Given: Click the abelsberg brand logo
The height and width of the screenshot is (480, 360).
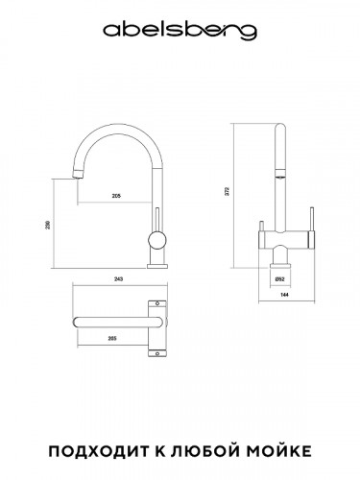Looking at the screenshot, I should pyautogui.click(x=180, y=32).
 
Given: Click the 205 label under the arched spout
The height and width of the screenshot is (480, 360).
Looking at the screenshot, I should pyautogui.click(x=115, y=196).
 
